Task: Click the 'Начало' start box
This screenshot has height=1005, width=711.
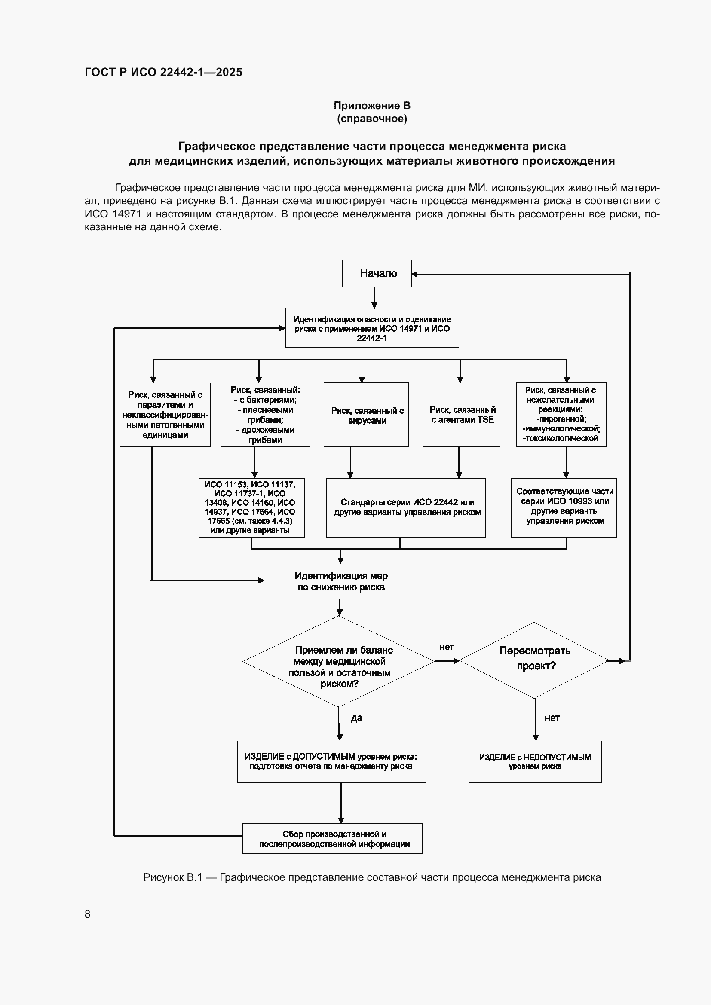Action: (377, 274)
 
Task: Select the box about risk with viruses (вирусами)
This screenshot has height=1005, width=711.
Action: (366, 415)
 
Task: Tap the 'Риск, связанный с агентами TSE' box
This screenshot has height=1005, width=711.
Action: (461, 415)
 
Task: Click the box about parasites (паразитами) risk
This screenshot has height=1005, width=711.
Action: (165, 415)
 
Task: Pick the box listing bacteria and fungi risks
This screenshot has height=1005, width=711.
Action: (265, 415)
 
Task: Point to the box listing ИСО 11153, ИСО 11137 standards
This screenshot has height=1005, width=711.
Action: (251, 507)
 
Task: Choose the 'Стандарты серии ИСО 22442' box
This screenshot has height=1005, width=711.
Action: (406, 507)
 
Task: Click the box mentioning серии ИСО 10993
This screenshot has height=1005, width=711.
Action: (564, 507)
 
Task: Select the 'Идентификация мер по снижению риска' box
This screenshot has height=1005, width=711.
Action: (340, 581)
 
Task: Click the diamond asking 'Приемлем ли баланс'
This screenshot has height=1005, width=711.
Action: (339, 661)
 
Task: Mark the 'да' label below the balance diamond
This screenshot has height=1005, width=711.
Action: (356, 718)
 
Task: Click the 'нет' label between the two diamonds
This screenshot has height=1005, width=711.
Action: (446, 647)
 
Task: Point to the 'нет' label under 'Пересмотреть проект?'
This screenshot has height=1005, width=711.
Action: (552, 718)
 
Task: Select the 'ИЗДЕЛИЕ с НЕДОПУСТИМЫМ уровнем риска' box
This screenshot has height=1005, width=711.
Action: (535, 762)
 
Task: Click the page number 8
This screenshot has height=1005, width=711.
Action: (88, 914)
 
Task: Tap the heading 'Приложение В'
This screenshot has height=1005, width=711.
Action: (372, 106)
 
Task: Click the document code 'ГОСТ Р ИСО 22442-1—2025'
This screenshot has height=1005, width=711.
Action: (163, 72)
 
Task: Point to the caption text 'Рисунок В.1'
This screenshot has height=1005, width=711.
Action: (172, 878)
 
